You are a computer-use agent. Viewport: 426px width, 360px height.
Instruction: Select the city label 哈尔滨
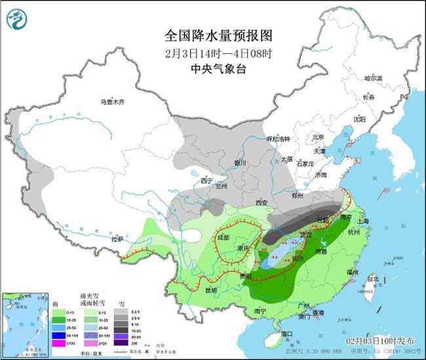(372, 78)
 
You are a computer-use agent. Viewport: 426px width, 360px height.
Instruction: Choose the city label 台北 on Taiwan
(372, 279)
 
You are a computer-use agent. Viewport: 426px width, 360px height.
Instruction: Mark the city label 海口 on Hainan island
(286, 334)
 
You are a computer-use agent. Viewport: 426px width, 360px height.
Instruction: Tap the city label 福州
(353, 271)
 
